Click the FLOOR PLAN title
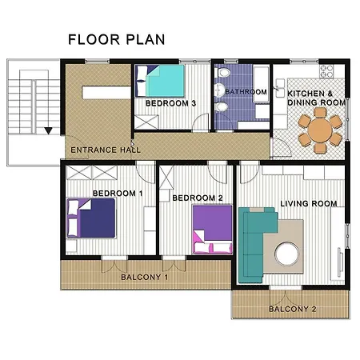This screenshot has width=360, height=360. click(x=117, y=39)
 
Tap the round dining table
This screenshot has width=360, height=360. click(x=320, y=130)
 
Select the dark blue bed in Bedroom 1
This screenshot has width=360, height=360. click(x=91, y=218)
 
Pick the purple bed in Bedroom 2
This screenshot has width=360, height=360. click(x=212, y=229)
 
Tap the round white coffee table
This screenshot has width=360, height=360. click(x=287, y=254)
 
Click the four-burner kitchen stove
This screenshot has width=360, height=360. click(x=326, y=71)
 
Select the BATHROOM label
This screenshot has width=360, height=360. click(x=246, y=92)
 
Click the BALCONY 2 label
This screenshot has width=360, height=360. click(x=293, y=309)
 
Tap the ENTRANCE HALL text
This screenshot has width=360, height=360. click(x=106, y=150)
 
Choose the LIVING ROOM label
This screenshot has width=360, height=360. click(x=309, y=204)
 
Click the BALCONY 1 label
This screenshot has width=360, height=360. click(x=145, y=278)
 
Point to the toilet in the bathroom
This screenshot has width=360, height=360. click(x=223, y=73)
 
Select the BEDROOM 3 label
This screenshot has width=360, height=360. click(x=170, y=103)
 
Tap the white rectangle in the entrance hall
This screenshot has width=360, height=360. click(x=106, y=93)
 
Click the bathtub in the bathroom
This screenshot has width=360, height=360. click(x=261, y=84)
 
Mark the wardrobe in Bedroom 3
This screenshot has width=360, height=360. click(x=146, y=122)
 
